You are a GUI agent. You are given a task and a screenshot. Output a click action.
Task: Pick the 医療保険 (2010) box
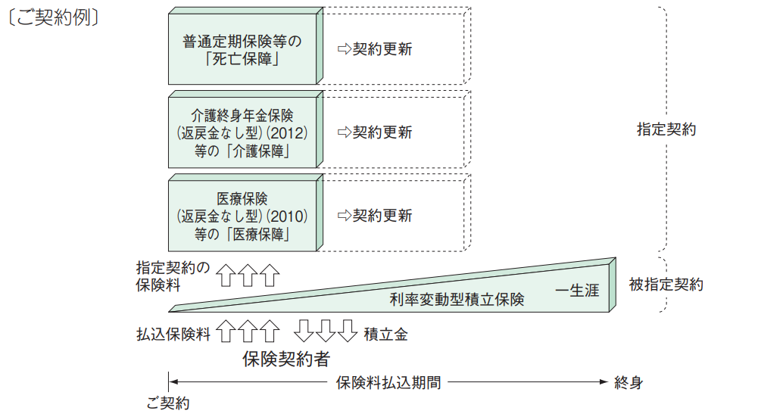click(x=242, y=216)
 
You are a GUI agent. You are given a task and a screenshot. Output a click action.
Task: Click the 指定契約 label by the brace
click(x=666, y=129)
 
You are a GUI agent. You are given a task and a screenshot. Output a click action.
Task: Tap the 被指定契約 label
click(x=666, y=285)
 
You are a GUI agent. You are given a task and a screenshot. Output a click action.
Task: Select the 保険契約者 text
click(x=285, y=358)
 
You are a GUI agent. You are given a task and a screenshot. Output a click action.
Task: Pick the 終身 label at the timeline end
click(x=628, y=382)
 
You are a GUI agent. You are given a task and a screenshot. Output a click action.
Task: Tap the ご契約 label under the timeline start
click(x=168, y=403)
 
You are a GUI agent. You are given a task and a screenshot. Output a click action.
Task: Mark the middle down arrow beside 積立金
click(x=325, y=331)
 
